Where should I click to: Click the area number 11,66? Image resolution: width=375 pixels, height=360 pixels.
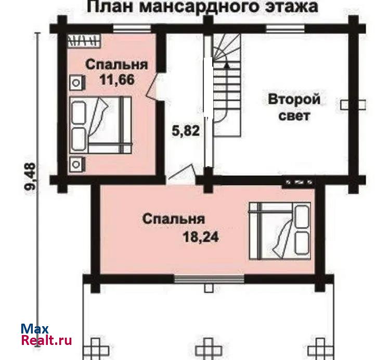117,80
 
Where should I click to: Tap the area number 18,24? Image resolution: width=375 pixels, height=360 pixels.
201,237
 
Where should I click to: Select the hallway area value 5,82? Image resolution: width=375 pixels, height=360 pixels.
186,131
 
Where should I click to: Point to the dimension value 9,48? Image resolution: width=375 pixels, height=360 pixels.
30,176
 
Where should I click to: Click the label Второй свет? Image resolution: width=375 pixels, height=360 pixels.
294,108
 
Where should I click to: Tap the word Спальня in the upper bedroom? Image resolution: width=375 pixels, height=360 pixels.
117,65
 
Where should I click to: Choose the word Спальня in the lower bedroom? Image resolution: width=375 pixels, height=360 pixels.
174,219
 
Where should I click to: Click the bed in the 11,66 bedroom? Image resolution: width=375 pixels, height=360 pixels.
101,125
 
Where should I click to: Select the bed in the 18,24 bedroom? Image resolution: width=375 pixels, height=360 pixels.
280,231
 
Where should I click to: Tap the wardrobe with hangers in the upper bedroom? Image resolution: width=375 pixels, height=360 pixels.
84,41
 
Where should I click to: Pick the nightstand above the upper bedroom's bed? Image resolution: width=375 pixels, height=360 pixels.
77,83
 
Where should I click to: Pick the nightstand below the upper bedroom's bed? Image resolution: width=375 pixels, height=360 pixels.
77,164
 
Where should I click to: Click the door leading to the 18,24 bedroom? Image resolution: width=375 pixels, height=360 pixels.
181,171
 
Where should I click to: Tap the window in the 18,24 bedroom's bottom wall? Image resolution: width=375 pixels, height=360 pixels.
209,279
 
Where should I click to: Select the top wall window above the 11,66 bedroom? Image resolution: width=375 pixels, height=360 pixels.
132,29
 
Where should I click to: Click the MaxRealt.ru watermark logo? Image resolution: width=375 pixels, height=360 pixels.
46,335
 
